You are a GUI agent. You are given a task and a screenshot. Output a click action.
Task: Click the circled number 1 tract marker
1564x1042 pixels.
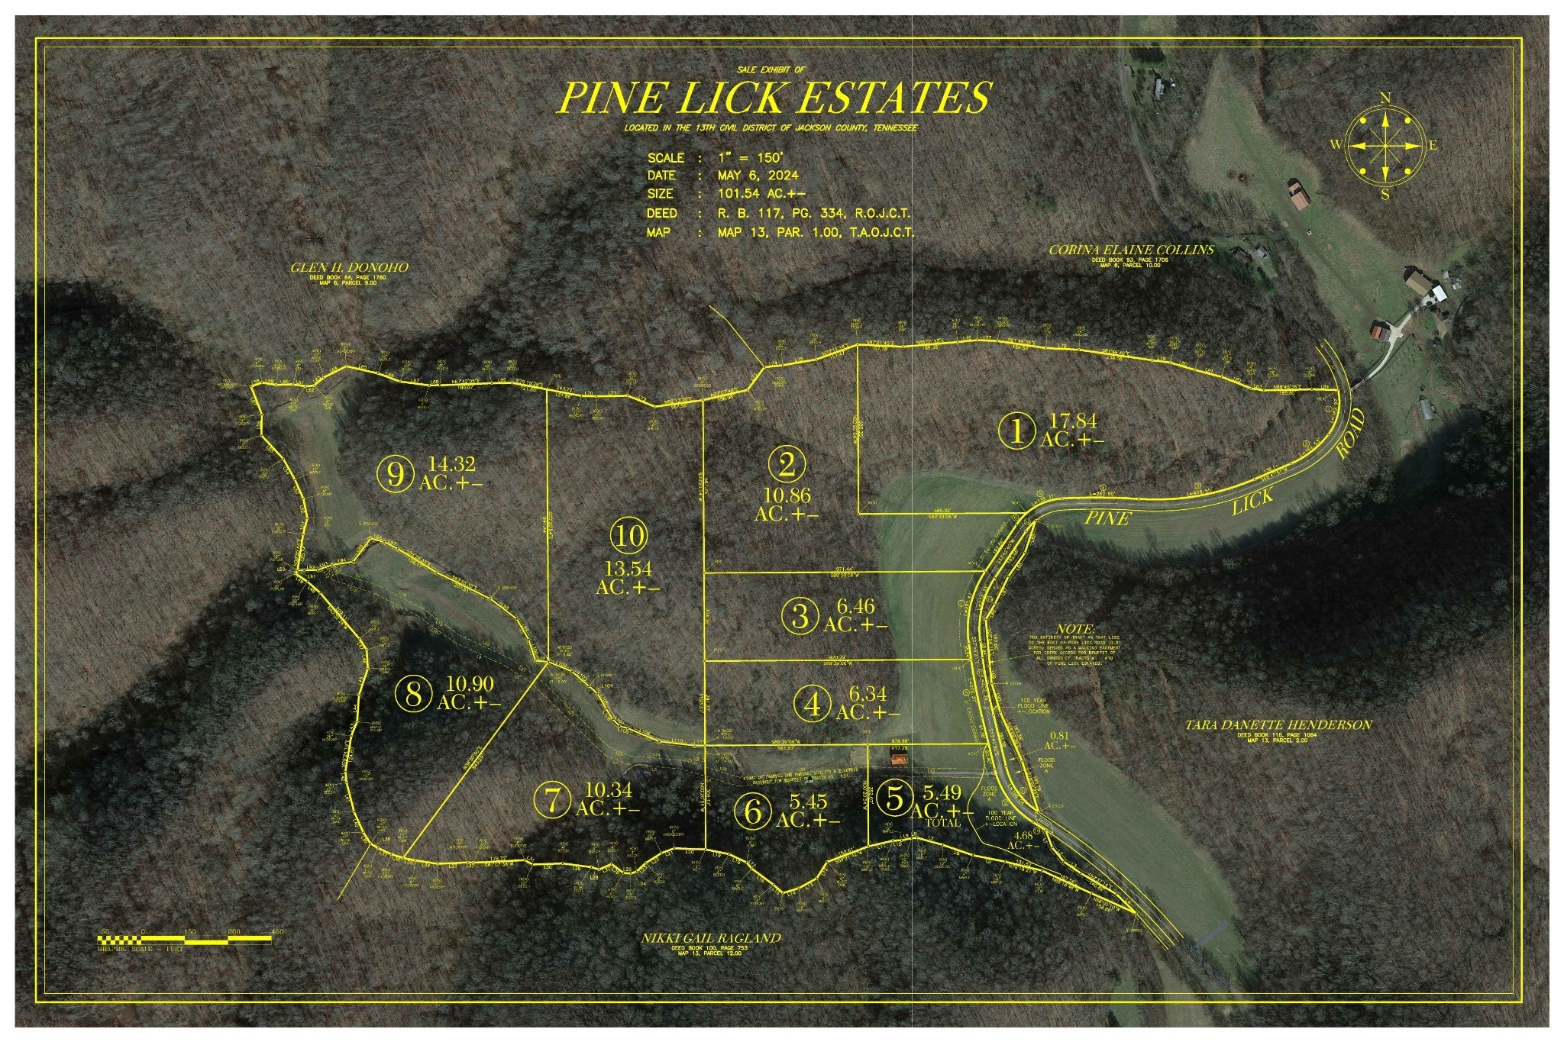pyautogui.click(x=1017, y=431)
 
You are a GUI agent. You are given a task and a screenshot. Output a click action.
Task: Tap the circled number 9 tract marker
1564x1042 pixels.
pyautogui.click(x=396, y=474)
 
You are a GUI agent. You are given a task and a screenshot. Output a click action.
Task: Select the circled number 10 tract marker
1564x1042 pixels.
pyautogui.click(x=629, y=536)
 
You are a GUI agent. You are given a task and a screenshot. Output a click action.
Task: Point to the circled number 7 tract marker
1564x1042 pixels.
pyautogui.click(x=553, y=800)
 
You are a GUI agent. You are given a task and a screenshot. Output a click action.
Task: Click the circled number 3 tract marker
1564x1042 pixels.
pyautogui.click(x=800, y=615)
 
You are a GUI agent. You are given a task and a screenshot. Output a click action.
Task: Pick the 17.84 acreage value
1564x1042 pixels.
pyautogui.click(x=1072, y=421)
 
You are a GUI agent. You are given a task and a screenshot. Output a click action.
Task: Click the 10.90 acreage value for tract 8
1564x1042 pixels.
pyautogui.click(x=470, y=684)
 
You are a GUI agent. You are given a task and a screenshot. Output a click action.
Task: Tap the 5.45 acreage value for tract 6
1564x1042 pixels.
pyautogui.click(x=809, y=802)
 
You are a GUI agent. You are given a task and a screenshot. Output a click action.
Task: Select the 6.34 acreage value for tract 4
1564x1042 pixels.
pyautogui.click(x=868, y=694)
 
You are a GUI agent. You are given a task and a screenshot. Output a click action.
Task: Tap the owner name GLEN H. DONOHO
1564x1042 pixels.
pyautogui.click(x=349, y=268)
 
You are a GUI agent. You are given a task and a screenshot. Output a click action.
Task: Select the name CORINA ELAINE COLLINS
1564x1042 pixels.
pyautogui.click(x=1131, y=250)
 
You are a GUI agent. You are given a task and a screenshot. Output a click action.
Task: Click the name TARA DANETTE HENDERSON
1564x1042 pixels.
pyautogui.click(x=1278, y=725)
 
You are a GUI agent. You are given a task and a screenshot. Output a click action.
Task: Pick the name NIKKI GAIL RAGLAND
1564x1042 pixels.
pyautogui.click(x=711, y=938)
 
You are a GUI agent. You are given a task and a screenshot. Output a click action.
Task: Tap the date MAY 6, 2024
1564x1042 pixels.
pyautogui.click(x=758, y=176)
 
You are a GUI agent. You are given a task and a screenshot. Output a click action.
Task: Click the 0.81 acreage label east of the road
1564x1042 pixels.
pyautogui.click(x=1059, y=736)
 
